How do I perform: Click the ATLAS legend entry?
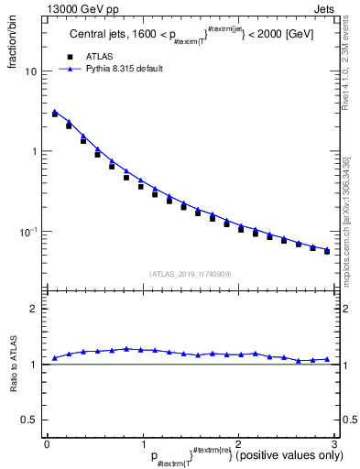[x=102, y=57]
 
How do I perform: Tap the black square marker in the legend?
[x=69, y=57]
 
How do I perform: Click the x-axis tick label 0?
[x=47, y=443]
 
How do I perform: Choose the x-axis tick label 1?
[x=142, y=443]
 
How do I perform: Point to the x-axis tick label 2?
[x=238, y=443]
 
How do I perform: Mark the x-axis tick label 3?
[x=333, y=443]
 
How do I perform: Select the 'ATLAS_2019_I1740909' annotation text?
[x=190, y=274]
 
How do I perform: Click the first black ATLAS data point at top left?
[x=55, y=115]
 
